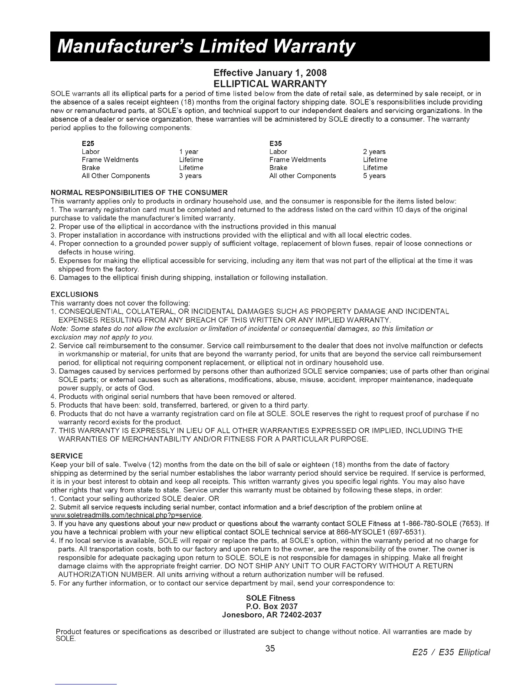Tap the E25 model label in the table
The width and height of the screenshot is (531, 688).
[88, 143]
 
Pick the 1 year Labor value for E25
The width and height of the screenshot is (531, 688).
[189, 152]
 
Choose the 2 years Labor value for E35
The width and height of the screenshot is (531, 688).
[374, 152]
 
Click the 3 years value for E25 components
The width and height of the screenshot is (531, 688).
[190, 176]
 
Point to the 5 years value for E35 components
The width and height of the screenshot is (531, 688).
[374, 176]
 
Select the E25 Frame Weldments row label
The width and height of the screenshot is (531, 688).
[110, 160]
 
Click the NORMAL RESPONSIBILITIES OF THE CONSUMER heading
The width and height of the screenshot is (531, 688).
[139, 192]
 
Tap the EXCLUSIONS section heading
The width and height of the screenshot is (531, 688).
[75, 294]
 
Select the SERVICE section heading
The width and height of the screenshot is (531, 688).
[67, 456]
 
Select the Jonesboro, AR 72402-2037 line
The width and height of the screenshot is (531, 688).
[272, 615]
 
